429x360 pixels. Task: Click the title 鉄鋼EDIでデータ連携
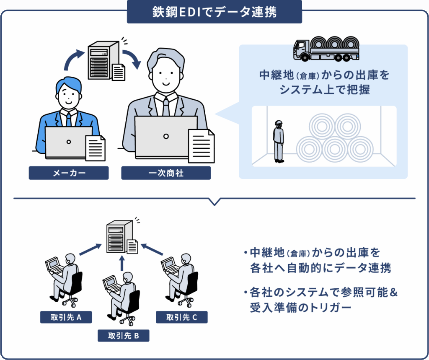[x=214, y=12]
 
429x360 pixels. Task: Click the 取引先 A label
[x=66, y=317]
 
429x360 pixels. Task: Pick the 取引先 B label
[x=123, y=336]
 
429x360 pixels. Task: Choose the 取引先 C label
[x=181, y=317]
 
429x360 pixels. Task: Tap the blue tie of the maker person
[x=69, y=119]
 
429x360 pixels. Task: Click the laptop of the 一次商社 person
[x=166, y=137]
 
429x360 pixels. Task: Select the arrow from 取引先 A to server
[x=90, y=249]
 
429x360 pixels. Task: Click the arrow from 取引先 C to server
[x=152, y=249]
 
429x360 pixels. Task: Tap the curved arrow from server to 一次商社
[x=133, y=59]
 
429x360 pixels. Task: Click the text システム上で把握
[x=324, y=89]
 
